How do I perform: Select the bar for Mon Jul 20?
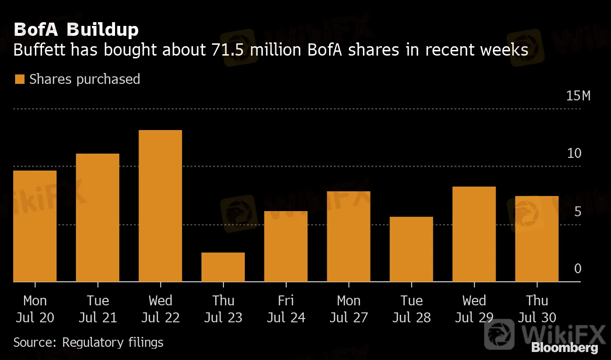point(35,226)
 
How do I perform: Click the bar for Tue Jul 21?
point(98,218)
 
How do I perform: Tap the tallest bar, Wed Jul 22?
point(160,206)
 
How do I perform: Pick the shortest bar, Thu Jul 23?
point(223,267)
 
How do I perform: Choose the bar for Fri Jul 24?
point(286,246)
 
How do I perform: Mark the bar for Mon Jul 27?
point(348,237)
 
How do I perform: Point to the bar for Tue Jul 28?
point(411,249)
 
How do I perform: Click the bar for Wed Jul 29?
point(474,234)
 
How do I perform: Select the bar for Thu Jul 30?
point(537,239)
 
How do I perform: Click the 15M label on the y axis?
point(578,96)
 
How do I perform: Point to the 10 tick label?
point(574,154)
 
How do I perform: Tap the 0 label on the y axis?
point(578,269)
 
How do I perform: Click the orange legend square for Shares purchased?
point(19,79)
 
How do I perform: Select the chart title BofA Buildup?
point(76,30)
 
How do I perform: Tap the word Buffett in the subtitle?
point(38,49)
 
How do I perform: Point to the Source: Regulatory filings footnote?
point(88,342)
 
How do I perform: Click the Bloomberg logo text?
point(565,348)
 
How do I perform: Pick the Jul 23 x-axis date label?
point(223,318)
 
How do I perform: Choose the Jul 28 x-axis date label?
point(411,318)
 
